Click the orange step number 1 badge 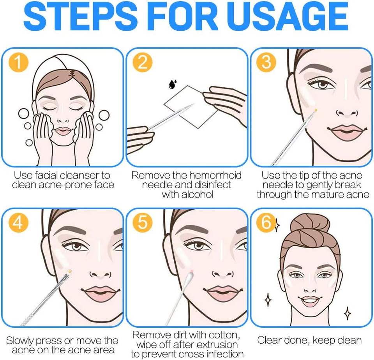pos(18,62)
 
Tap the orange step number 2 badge pos(143,62)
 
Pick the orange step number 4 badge pos(18,222)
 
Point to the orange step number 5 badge pos(143,222)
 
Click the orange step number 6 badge pos(266,222)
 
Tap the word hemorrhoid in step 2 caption pos(215,175)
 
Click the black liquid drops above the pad pos(173,84)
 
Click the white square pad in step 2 pos(191,107)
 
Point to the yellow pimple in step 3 pos(316,110)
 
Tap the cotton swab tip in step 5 pos(189,277)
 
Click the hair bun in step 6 pos(310,226)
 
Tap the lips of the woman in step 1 pos(63,131)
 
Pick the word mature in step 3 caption pos(325,194)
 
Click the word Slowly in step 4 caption pos(19,341)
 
